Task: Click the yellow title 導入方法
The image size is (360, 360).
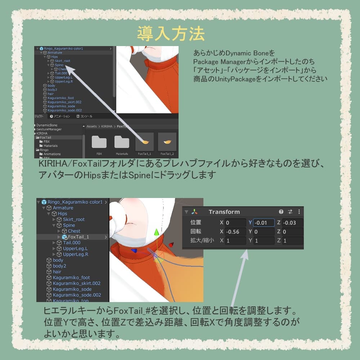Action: [x=171, y=34]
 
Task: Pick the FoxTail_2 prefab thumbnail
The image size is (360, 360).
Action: [x=167, y=142]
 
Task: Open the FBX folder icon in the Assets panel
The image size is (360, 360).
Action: [x=99, y=142]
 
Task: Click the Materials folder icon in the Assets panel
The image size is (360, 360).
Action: [x=122, y=142]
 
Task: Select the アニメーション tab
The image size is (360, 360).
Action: [x=60, y=116]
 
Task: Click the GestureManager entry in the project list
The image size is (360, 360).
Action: [x=49, y=129]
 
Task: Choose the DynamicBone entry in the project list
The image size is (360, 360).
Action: [x=47, y=125]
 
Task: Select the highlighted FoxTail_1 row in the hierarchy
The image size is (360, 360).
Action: [x=78, y=237]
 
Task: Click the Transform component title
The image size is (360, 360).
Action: [x=224, y=212]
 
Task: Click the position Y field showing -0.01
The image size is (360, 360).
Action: [x=264, y=223]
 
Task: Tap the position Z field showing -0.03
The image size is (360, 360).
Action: [x=292, y=223]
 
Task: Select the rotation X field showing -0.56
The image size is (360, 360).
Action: [x=235, y=232]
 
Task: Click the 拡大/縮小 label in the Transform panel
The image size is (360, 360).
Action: [x=202, y=240]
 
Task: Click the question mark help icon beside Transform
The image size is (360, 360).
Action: [x=281, y=212]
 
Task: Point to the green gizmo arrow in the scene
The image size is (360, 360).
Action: [x=156, y=233]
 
